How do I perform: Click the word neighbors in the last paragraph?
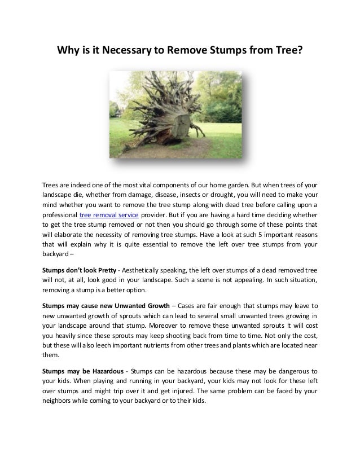coord(61,404)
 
